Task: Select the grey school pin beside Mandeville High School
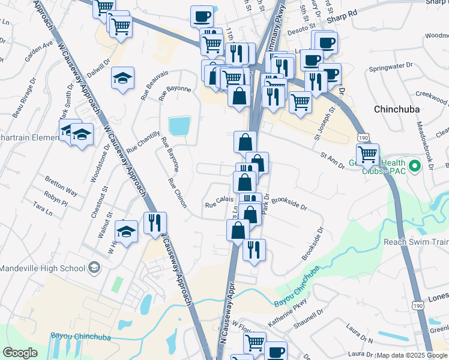(x=94, y=267)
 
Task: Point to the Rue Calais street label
(x=219, y=205)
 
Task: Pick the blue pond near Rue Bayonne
(x=179, y=126)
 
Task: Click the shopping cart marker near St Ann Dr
(x=367, y=153)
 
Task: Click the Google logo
(x=20, y=353)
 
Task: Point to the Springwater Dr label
(x=392, y=65)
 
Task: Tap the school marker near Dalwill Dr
(x=122, y=77)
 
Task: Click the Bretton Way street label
(x=61, y=185)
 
